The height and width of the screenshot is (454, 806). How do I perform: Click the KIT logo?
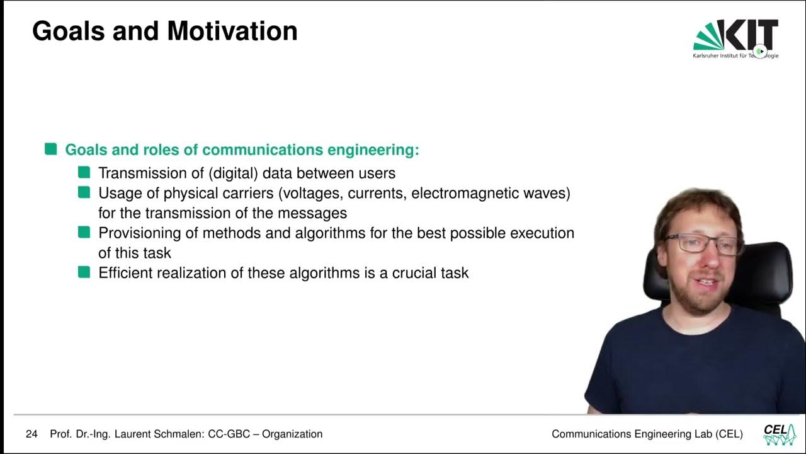[735, 38]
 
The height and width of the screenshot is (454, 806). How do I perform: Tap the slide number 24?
[32, 434]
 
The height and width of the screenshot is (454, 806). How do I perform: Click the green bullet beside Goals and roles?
[51, 149]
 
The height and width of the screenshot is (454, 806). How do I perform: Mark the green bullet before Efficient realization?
[84, 272]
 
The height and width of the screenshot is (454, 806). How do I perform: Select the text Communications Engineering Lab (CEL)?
[647, 434]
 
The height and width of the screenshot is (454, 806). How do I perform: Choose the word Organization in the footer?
[292, 434]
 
